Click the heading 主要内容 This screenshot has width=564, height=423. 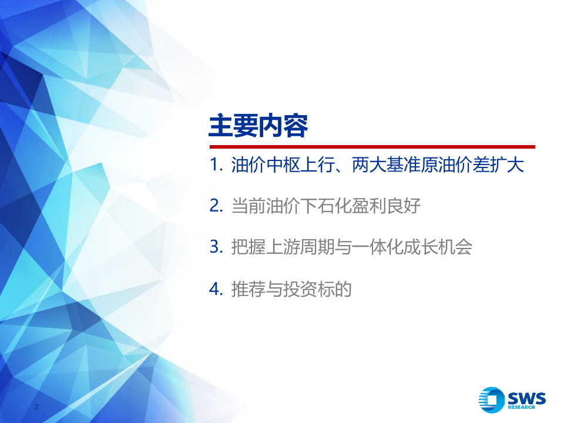tap(258, 126)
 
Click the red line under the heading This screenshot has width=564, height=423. tap(372, 147)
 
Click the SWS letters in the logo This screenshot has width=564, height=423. tap(526, 398)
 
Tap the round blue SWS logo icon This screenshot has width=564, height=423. tap(492, 400)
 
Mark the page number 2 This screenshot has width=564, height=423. tap(37, 407)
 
